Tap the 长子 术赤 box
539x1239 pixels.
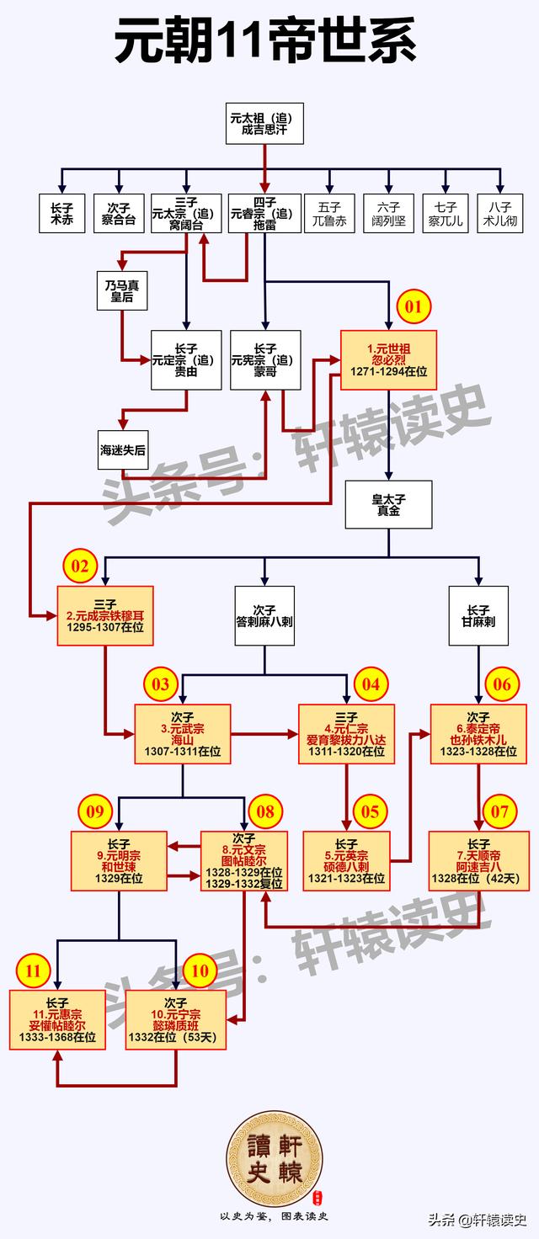[61, 213]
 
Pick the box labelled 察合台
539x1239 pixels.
[119, 213]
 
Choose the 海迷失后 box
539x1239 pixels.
[123, 450]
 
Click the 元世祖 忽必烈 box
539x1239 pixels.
[388, 359]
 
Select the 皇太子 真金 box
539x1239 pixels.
[388, 504]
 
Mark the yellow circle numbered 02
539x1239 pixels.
[79, 567]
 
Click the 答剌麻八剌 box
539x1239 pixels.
[264, 615]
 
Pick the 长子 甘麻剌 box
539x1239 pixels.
[478, 615]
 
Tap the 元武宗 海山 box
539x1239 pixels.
[183, 734]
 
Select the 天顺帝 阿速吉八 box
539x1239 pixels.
[478, 861]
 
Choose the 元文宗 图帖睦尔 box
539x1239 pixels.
[243, 861]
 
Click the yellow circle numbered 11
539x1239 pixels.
[33, 971]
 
